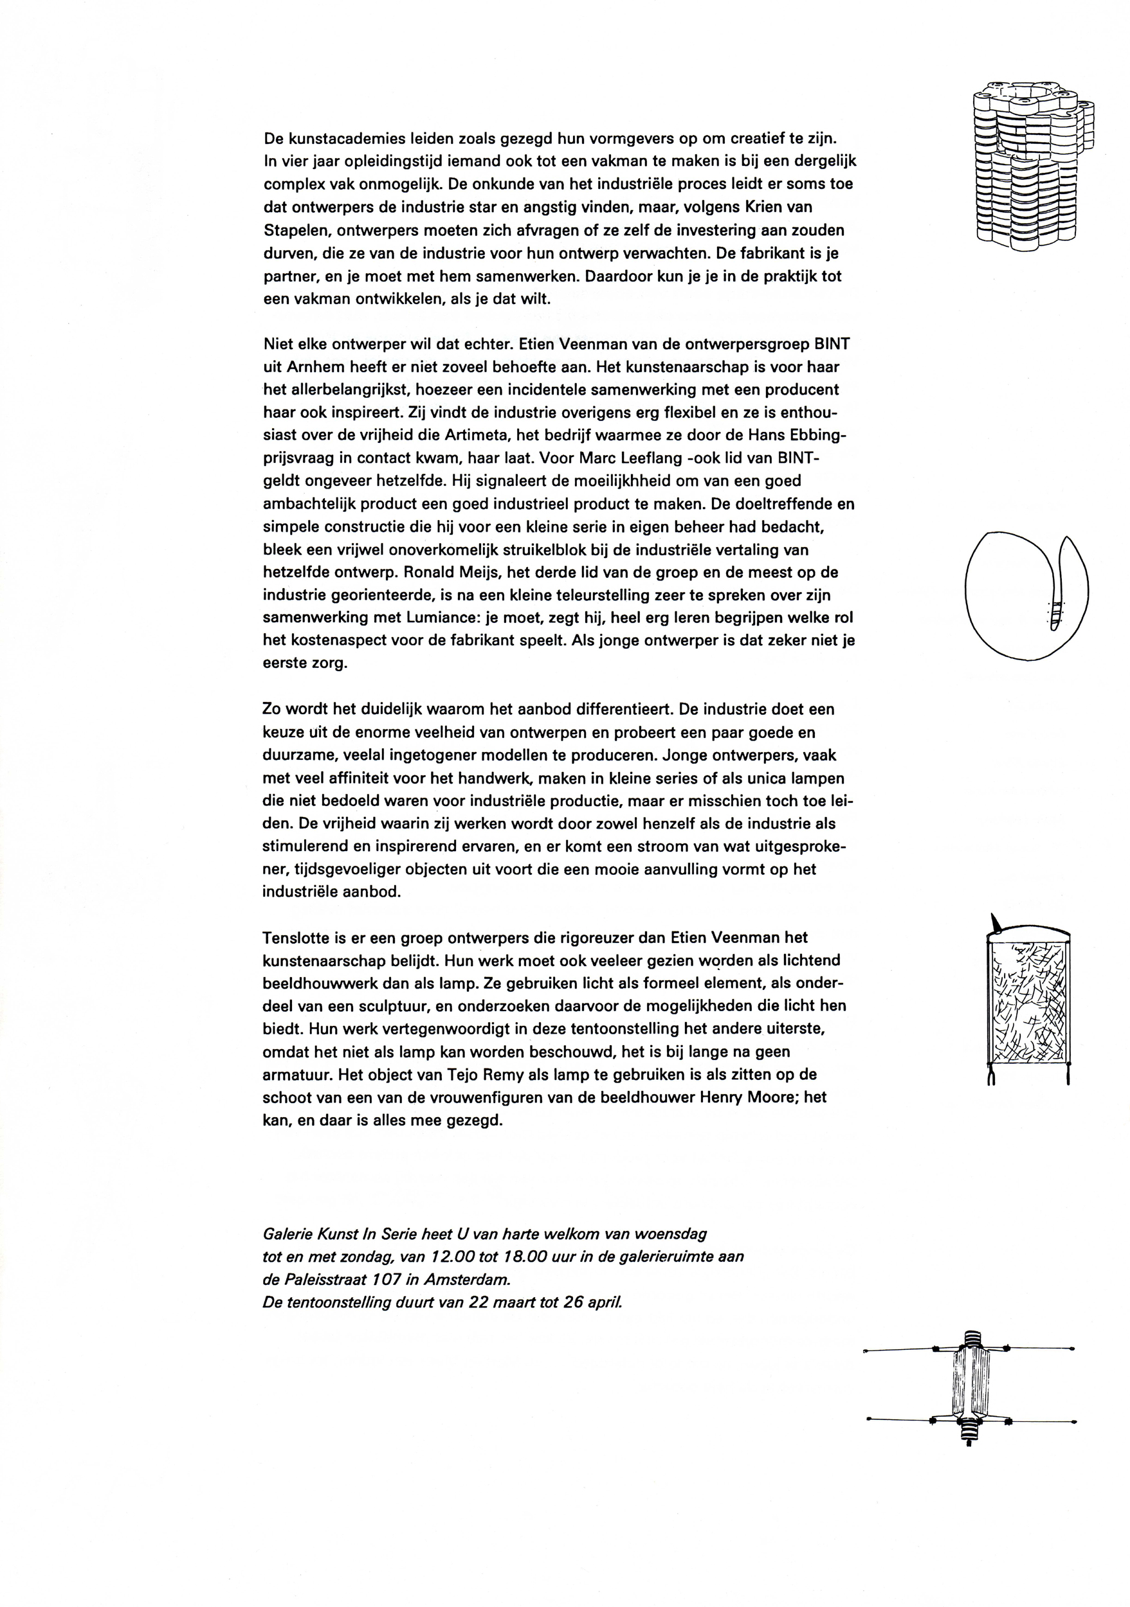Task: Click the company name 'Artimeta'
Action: coord(475,435)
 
